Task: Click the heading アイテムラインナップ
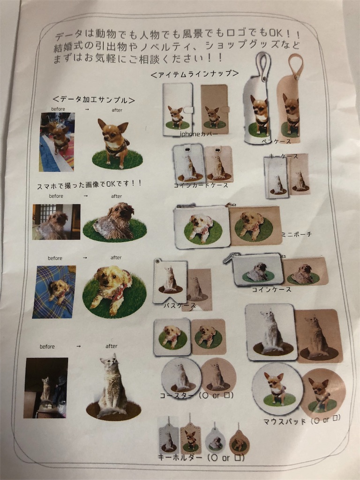(195, 74)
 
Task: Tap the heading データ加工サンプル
(94, 100)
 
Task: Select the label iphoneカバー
(199, 134)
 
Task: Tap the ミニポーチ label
(296, 233)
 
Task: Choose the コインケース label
(272, 289)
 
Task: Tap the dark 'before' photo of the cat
(46, 388)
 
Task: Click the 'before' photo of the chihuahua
(57, 142)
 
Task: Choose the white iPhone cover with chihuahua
(177, 109)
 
